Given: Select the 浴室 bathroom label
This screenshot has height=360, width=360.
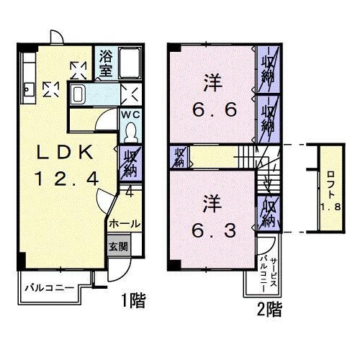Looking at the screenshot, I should pos(106,63).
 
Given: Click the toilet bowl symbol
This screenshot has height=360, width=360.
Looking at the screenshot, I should pos(131,130).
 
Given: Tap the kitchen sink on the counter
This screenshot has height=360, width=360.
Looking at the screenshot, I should pos(29,89).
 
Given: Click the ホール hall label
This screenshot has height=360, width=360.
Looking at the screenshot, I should pos(124,224).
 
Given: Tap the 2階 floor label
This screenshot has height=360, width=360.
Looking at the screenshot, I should pos(268,310).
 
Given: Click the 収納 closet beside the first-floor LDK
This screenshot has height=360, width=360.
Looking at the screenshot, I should pos(130,164).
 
